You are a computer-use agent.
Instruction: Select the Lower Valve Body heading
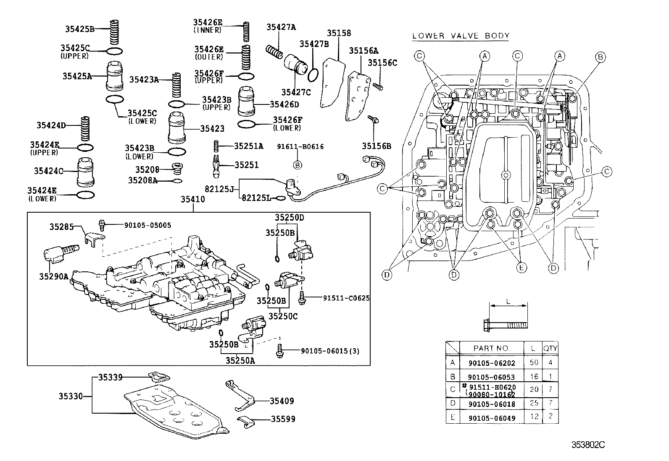click(461, 36)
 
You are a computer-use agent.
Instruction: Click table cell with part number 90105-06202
click(491, 363)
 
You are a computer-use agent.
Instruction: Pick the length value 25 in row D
click(534, 403)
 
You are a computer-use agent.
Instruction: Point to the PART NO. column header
click(491, 348)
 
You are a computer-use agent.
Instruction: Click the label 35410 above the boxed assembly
click(193, 200)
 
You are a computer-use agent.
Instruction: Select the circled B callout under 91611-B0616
click(297, 165)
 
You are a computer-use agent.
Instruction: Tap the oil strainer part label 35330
click(70, 396)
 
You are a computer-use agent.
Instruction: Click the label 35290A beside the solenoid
click(53, 276)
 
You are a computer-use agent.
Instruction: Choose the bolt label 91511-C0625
click(346, 298)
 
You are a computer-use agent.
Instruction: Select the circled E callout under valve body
click(522, 267)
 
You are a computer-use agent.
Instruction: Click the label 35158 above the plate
click(339, 33)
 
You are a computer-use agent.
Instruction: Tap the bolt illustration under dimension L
click(504, 324)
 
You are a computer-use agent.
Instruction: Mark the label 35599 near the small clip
click(283, 419)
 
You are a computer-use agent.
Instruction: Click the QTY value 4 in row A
click(550, 362)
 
